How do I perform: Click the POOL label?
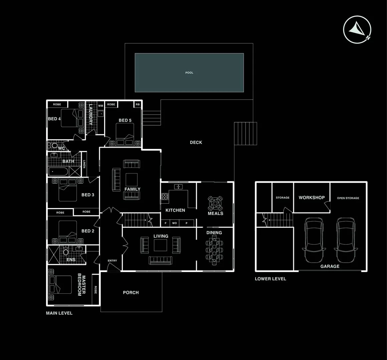[x=189, y=73]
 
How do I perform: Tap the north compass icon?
[x=358, y=30]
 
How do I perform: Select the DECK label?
[x=196, y=142]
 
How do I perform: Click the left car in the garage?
[x=314, y=240]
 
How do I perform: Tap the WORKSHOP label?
[x=312, y=198]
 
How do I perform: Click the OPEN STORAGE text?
[x=348, y=198]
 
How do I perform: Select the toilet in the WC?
[x=54, y=146]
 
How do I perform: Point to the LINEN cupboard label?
[x=84, y=164]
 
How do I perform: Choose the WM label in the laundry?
[x=100, y=106]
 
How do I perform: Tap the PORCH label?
[x=131, y=293]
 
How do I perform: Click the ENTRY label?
[x=112, y=261]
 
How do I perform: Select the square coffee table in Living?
[x=160, y=245]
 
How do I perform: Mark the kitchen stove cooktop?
[x=165, y=196]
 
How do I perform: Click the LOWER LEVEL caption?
[x=270, y=279]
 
